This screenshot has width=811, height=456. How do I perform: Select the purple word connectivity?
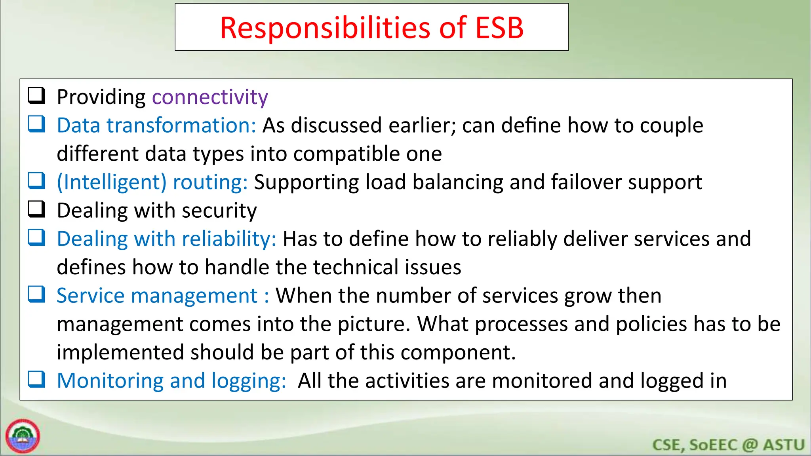tap(210, 97)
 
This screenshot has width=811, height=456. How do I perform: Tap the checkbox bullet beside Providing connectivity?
tap(36, 96)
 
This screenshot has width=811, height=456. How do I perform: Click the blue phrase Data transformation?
tap(156, 125)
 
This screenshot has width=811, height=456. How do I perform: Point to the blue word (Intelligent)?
tap(112, 182)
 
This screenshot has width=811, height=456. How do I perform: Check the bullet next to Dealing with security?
tap(36, 209)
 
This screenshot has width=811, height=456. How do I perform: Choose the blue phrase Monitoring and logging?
tap(171, 381)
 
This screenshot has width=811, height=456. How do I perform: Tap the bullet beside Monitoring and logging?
tap(36, 380)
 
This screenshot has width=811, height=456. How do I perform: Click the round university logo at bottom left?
tap(23, 436)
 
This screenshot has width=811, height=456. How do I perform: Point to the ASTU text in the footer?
tap(784, 445)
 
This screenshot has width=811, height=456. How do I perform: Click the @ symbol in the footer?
tap(750, 445)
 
